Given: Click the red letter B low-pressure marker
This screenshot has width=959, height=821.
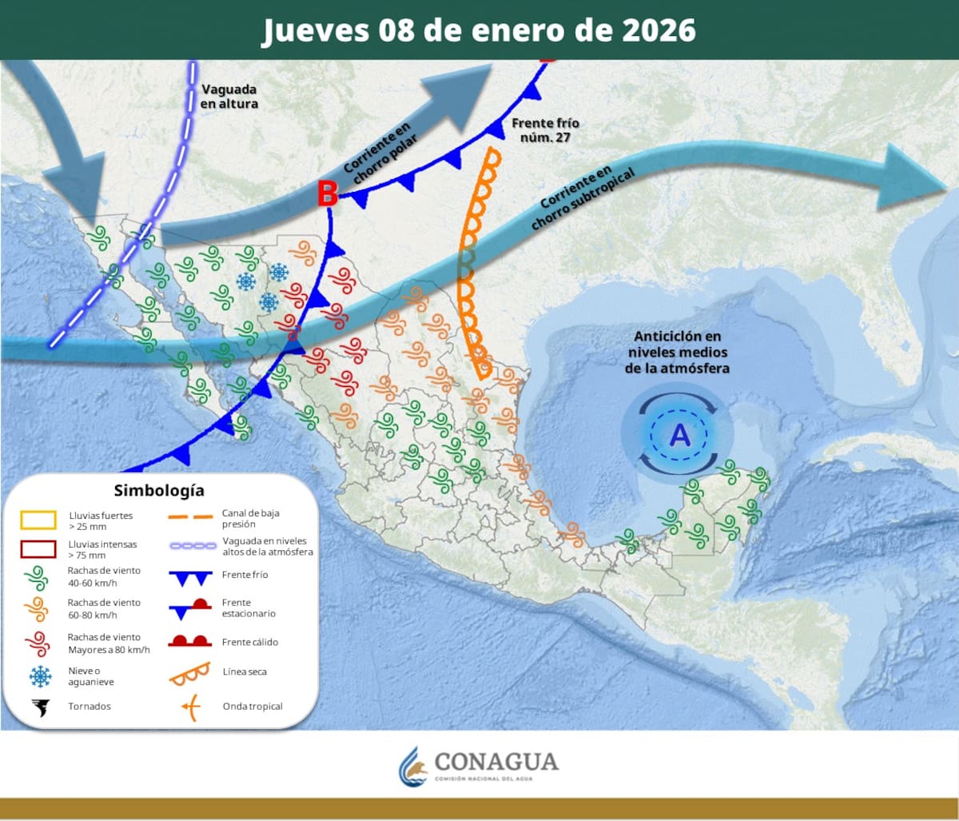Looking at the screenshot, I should pos(327,193).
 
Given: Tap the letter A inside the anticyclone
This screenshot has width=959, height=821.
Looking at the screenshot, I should pos(679,435).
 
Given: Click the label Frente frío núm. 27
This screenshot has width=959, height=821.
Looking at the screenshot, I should pos(545,130).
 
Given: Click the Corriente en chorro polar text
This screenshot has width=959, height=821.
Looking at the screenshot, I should pos(378,149).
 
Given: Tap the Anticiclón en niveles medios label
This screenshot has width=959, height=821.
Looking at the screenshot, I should pos(678,352).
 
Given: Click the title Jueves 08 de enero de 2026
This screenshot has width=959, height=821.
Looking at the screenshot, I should pos(479,30).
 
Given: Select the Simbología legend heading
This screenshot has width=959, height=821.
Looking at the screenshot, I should pos(159,490).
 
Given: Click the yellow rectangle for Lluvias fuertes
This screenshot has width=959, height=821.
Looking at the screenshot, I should pos(38,520).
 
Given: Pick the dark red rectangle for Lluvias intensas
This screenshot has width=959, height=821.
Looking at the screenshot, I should pos(38,549).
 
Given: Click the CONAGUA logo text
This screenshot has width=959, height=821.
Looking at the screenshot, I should pos(495,761).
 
